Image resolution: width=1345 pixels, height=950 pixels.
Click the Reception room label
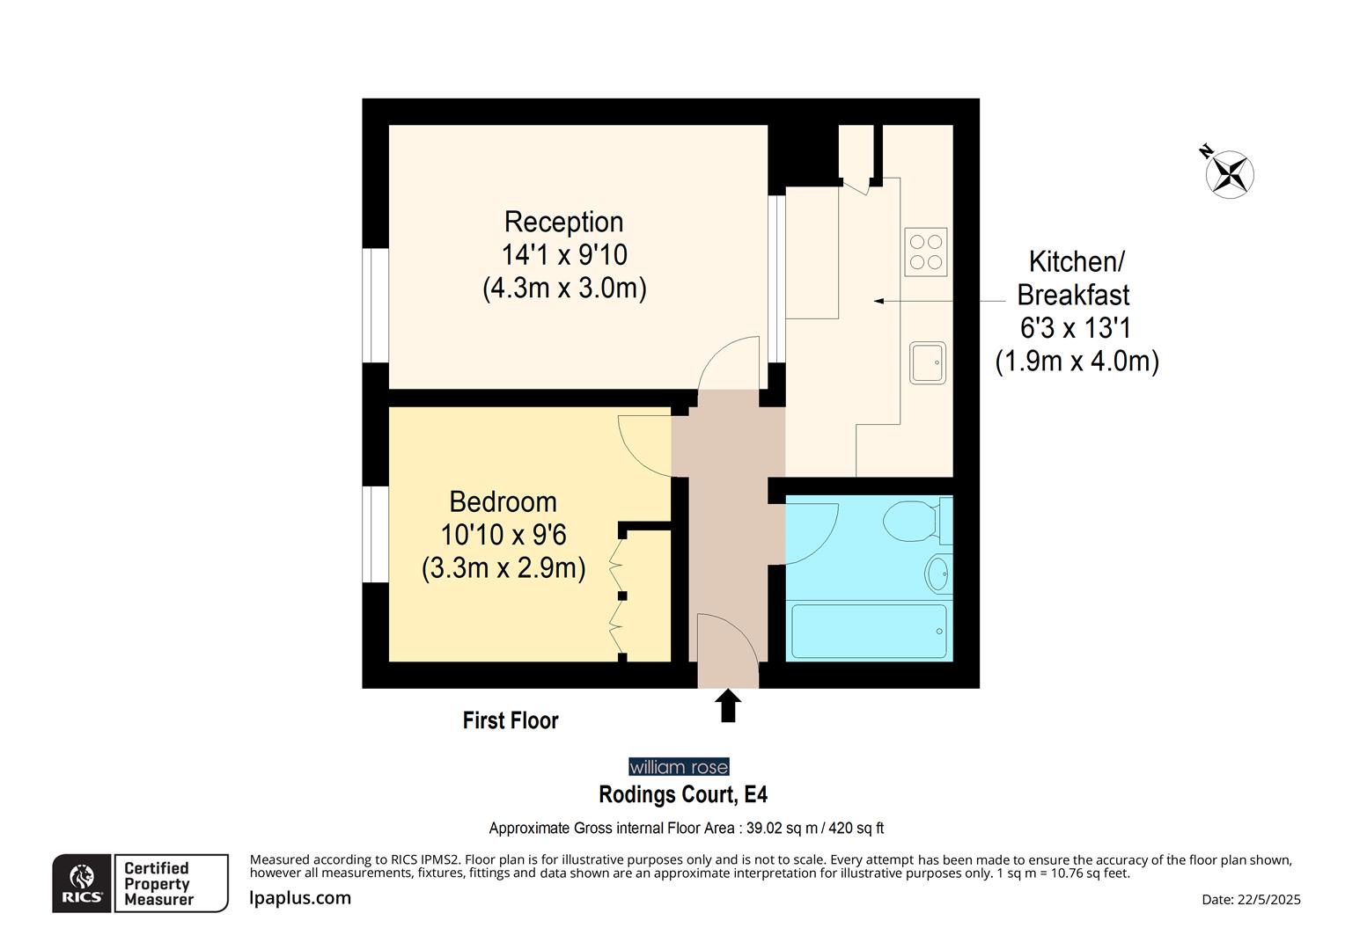[x=563, y=222]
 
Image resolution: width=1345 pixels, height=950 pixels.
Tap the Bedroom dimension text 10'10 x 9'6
[x=503, y=535]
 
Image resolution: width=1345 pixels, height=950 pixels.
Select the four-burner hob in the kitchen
[x=926, y=252]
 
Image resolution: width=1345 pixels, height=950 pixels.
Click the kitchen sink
[x=928, y=362]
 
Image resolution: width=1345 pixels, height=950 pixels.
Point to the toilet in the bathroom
[x=914, y=521]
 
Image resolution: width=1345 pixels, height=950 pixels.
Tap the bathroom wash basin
[x=938, y=574]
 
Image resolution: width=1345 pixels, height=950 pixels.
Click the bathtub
[x=869, y=631]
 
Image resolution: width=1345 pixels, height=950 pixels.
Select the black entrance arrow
[x=728, y=705]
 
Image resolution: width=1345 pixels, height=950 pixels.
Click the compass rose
[x=1229, y=172]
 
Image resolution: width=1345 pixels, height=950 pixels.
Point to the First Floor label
[x=511, y=720]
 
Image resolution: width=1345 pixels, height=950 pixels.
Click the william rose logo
[x=679, y=767]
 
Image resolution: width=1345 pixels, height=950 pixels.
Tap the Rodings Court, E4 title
[x=683, y=795]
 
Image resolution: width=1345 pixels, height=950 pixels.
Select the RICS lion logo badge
[x=82, y=883]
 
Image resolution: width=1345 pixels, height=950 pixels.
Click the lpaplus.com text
[x=300, y=898]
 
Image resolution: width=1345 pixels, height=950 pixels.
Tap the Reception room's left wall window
[x=376, y=305]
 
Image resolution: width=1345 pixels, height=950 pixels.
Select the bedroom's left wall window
[x=376, y=534]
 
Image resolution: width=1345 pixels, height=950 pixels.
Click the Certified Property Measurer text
[x=158, y=883]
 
